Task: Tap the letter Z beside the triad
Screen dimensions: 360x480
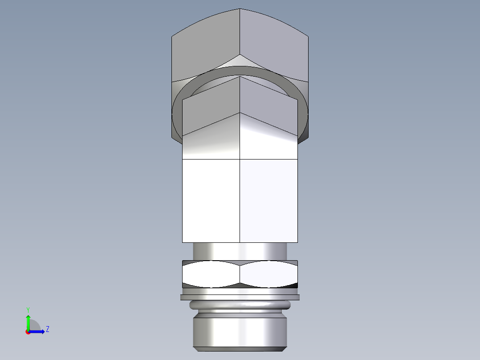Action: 47,329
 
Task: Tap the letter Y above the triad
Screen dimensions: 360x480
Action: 28,309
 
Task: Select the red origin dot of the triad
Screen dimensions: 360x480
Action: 28,332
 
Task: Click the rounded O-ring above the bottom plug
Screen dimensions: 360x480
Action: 240,305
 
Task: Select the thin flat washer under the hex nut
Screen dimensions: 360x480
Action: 240,297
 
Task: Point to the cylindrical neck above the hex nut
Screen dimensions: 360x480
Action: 240,250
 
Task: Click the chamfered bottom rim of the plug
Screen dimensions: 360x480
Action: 240,348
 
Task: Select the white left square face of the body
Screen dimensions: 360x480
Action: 211,200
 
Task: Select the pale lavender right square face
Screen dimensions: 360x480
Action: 268,200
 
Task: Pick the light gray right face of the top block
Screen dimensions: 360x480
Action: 274,49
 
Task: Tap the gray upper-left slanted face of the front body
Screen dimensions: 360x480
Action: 209,109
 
